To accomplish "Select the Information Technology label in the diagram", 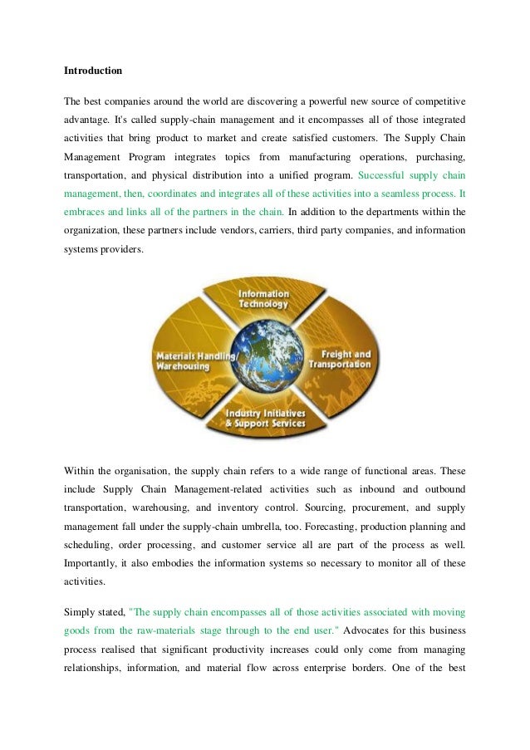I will [263, 299].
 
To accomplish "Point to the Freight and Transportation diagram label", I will [341, 358].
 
